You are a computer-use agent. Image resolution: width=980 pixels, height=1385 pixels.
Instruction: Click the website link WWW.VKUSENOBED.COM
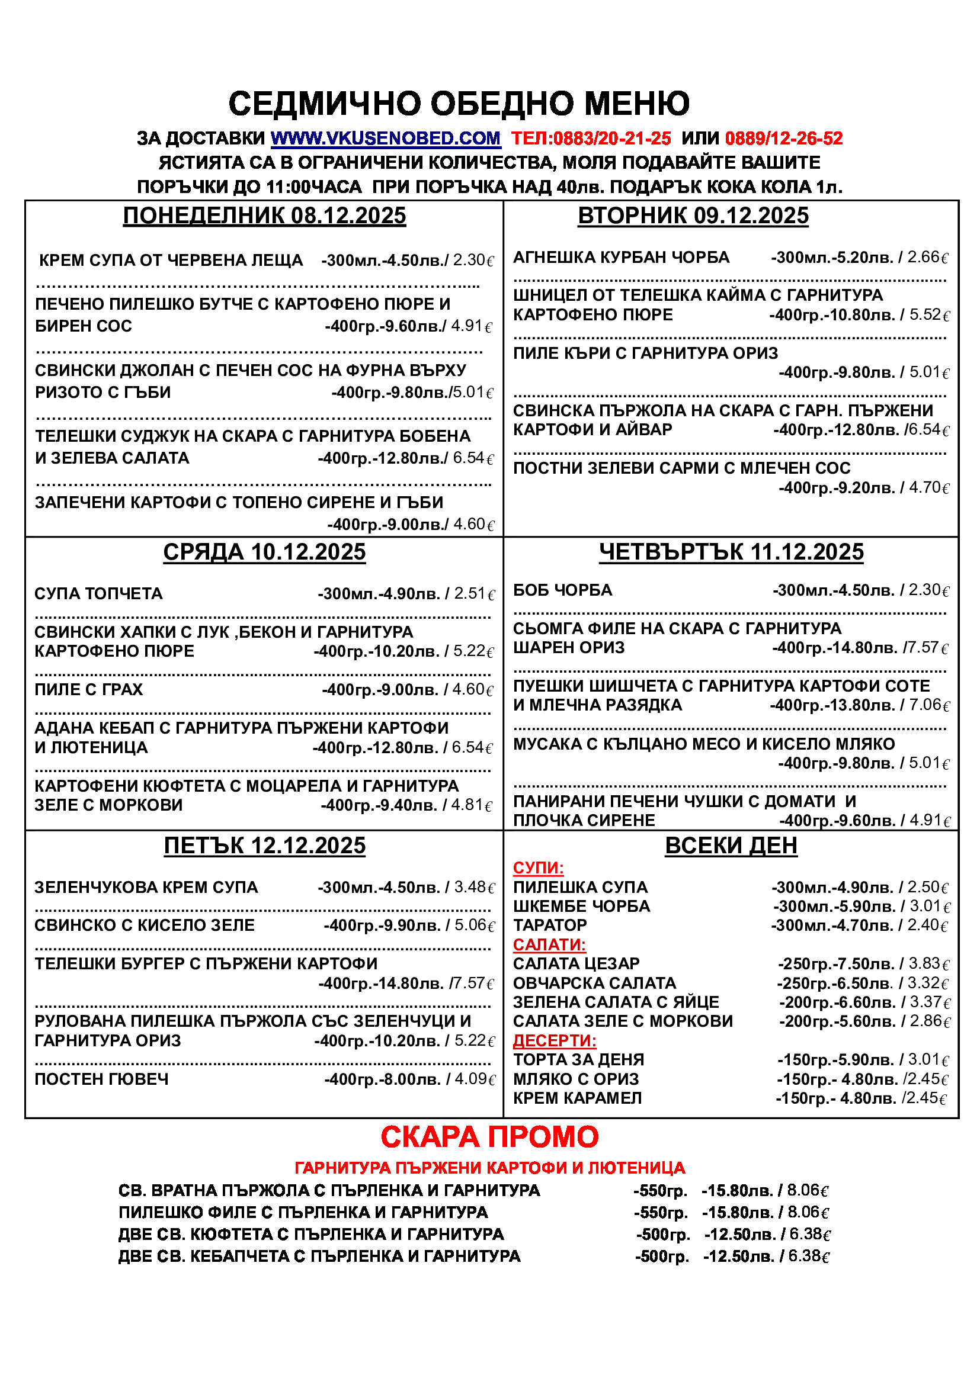(385, 139)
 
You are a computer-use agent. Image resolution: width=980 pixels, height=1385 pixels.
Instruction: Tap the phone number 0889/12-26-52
(783, 139)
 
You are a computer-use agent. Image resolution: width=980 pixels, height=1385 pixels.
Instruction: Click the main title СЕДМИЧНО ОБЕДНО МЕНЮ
(459, 103)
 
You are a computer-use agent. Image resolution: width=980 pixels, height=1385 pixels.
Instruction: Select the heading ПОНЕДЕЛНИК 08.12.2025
(264, 216)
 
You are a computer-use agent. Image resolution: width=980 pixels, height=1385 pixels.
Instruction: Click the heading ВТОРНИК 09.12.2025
(693, 216)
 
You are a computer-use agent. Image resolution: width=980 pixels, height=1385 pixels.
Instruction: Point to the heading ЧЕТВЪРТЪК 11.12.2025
(731, 552)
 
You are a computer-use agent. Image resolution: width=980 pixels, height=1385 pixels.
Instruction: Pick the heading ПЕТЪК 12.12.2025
(264, 846)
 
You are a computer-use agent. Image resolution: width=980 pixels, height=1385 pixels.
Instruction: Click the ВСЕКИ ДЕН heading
(731, 846)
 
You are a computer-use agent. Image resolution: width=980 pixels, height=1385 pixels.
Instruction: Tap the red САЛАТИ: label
(549, 944)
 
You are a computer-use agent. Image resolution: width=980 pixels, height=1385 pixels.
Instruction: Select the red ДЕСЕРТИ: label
(554, 1040)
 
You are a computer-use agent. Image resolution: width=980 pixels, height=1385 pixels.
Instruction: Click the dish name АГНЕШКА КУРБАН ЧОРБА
(621, 258)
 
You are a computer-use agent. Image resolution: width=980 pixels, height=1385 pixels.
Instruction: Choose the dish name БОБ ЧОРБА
(562, 590)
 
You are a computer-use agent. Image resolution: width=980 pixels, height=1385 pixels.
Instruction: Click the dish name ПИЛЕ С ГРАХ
(89, 689)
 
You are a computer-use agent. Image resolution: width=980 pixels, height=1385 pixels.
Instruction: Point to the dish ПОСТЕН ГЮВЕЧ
(101, 1079)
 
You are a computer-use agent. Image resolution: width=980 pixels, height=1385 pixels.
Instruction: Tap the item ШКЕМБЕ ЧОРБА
(581, 906)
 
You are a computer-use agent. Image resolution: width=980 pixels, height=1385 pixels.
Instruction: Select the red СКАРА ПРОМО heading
(489, 1137)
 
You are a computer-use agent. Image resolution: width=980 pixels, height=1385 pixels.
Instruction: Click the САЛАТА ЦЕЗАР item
(576, 964)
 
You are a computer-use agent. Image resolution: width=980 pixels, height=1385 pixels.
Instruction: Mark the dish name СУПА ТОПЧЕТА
(98, 593)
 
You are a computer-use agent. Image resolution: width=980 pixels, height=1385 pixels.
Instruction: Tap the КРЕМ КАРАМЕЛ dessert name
(577, 1098)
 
